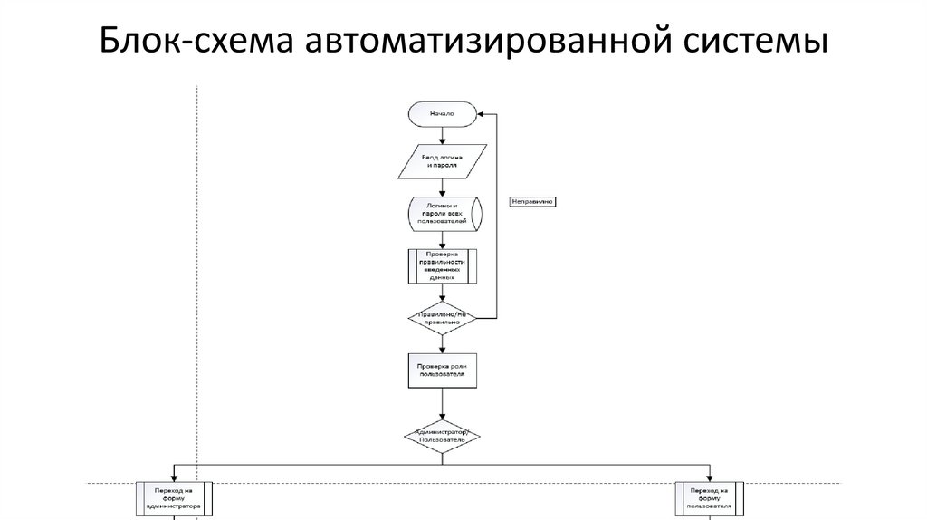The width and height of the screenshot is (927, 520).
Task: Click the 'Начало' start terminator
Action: click(441, 114)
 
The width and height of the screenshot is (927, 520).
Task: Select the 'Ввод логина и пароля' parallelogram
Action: click(441, 162)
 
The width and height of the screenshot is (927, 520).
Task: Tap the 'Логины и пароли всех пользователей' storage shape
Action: click(442, 214)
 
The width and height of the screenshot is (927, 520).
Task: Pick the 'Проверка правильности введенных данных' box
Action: click(442, 265)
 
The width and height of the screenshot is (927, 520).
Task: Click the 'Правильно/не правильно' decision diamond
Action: click(441, 318)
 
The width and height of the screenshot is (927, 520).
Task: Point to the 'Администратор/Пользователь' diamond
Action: click(441, 436)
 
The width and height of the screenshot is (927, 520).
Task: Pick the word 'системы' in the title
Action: click(756, 41)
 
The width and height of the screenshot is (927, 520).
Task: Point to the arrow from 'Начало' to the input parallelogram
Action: click(441, 136)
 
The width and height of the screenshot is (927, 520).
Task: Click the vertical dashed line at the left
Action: click(197, 272)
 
